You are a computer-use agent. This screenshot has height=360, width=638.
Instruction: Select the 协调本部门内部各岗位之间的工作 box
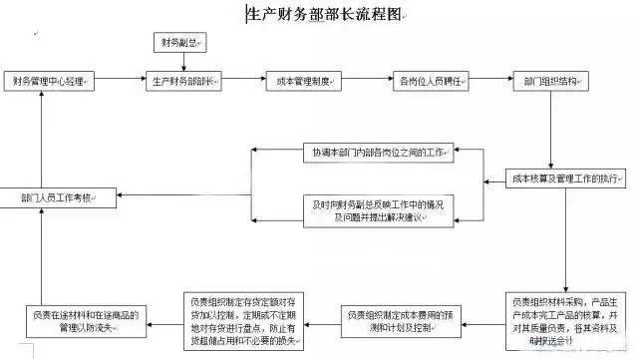(376, 153)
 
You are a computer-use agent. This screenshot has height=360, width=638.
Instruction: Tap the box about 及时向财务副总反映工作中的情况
(376, 210)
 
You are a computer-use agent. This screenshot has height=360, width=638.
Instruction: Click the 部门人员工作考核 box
(58, 197)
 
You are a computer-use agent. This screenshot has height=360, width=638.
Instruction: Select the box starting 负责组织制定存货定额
(245, 320)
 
